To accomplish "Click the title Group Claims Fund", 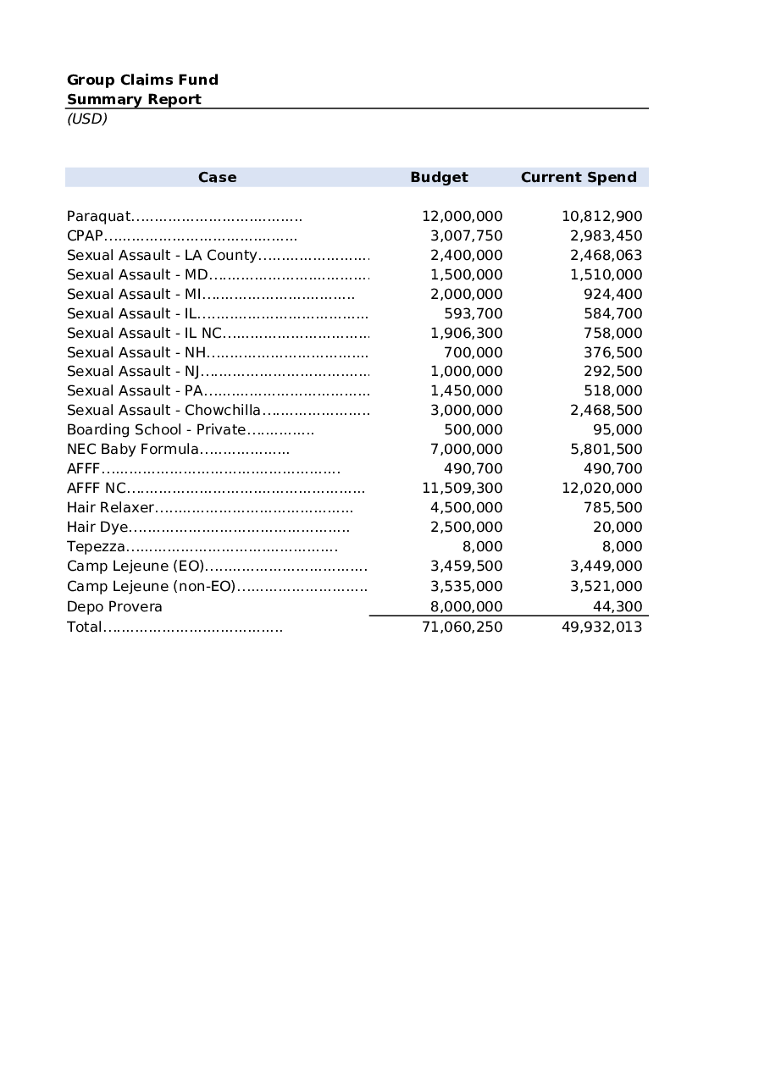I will [142, 80].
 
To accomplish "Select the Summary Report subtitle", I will [134, 99].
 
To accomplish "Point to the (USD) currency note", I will [87, 119].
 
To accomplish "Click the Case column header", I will [217, 177].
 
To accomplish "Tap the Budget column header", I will [439, 177].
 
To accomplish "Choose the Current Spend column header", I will [579, 177].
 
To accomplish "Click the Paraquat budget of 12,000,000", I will [462, 216].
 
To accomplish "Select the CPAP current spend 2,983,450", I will [606, 235].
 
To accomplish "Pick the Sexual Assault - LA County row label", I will [162, 255].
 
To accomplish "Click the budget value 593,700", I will [473, 313].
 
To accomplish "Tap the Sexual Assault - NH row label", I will [136, 352].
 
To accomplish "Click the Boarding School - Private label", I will [156, 429].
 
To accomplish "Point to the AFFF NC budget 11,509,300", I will [462, 488].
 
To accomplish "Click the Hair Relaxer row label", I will [110, 507].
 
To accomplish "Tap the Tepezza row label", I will [96, 546].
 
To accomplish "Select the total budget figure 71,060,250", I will [462, 627].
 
